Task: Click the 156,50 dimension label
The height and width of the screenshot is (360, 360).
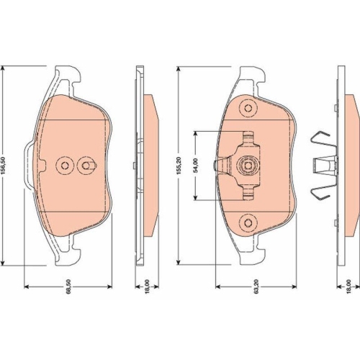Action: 4,165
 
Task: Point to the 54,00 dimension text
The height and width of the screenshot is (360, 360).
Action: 196,165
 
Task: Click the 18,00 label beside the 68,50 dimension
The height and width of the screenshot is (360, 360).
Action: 147,286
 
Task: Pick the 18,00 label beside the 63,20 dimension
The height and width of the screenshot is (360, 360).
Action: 348,286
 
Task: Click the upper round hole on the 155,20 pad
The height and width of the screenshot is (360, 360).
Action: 248,108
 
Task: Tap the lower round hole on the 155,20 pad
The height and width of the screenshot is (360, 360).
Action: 248,223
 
